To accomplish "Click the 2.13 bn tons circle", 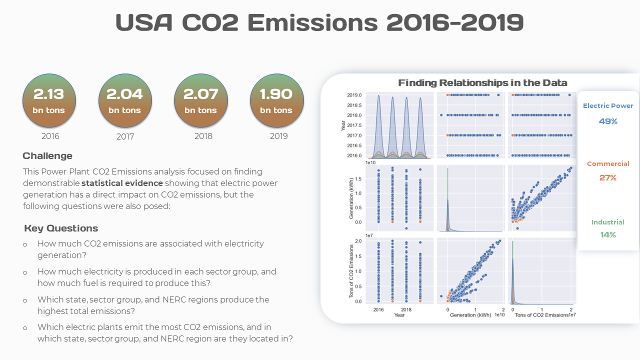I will [x=49, y=101].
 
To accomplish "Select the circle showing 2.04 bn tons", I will [x=125, y=101].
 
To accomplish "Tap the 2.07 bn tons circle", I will [x=200, y=101].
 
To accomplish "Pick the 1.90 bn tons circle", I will [x=276, y=101].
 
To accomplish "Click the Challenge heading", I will [x=47, y=156].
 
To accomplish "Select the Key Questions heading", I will [x=61, y=228].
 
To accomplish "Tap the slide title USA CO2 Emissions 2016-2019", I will [x=319, y=22].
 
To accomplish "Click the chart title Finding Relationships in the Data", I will [x=482, y=82].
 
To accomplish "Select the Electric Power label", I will [x=608, y=106].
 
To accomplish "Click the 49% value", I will [x=608, y=121].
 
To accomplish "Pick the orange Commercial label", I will [x=608, y=164].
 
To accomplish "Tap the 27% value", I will [x=608, y=177].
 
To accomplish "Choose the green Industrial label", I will [x=608, y=222].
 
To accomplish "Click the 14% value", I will [x=608, y=234].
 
